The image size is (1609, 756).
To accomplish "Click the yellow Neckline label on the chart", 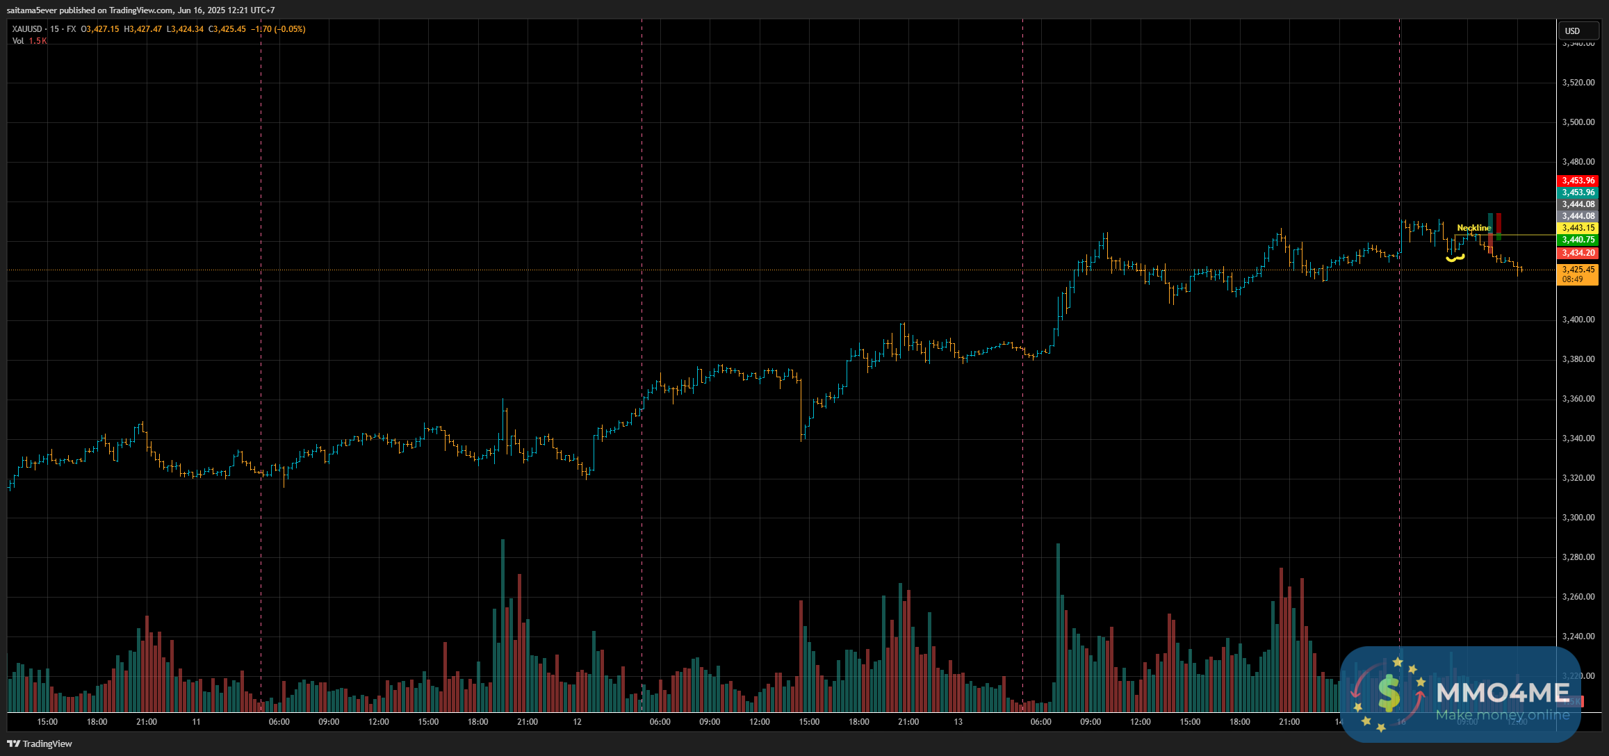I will point(1473,228).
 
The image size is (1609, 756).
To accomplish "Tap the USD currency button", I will point(1572,31).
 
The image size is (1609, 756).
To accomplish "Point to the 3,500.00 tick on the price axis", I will point(1578,122).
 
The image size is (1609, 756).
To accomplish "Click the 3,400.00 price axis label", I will point(1578,320).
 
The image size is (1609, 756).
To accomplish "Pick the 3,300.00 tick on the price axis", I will point(1578,518).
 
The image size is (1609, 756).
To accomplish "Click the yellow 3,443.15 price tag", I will point(1578,228).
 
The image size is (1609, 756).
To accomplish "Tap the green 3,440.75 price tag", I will point(1578,240).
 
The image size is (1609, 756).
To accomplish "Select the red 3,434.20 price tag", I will point(1578,253).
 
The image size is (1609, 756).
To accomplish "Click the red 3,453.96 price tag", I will point(1578,181).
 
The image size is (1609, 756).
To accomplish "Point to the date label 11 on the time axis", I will point(196,722).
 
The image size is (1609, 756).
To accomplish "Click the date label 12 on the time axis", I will point(577,722).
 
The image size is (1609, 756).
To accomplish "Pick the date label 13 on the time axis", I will point(958,722).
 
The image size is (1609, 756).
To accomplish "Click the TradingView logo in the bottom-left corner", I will point(40,743).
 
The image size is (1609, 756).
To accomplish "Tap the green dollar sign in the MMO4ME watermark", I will point(1388,693).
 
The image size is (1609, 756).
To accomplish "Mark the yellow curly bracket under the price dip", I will point(1455,258).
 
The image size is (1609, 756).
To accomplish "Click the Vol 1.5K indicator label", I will point(29,41).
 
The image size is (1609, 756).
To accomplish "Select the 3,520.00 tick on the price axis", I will point(1578,83).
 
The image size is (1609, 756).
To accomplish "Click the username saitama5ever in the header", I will point(32,10).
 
